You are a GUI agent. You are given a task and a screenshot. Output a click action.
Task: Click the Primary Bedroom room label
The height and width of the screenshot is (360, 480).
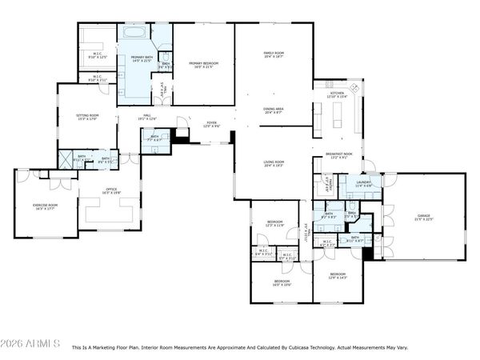(x=204, y=64)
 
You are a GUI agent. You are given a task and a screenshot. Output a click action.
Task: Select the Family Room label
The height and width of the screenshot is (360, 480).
(x=274, y=55)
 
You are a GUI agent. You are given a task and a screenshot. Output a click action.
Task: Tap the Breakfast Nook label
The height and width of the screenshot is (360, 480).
(x=340, y=156)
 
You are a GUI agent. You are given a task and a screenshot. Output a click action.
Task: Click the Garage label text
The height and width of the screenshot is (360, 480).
(x=423, y=217)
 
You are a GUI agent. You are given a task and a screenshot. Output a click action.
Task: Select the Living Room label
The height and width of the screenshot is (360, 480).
(x=274, y=164)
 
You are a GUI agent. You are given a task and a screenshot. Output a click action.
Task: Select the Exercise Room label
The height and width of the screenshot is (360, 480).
(x=45, y=206)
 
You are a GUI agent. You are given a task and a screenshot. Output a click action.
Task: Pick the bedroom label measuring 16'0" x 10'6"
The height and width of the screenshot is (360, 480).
(x=282, y=282)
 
